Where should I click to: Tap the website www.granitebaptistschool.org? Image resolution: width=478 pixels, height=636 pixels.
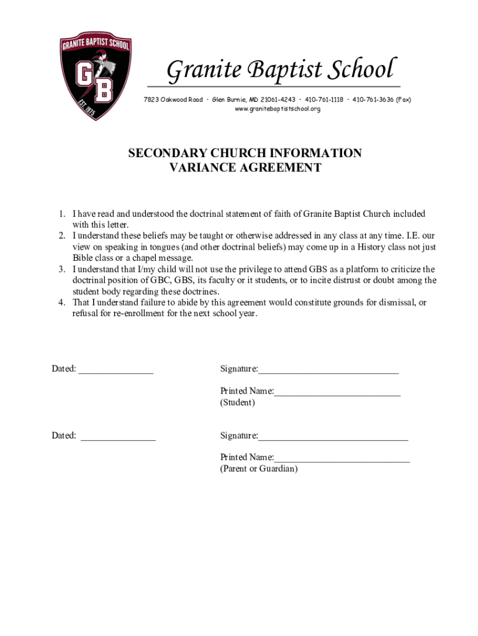point(277,109)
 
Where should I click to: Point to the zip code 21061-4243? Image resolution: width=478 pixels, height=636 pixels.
point(279,99)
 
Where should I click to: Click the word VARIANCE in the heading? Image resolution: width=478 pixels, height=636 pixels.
point(202,168)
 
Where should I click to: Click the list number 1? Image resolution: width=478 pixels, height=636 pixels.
point(62,214)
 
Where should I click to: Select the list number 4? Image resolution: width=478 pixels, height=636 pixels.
point(62,302)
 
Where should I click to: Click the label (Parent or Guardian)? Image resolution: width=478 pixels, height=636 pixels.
point(259,469)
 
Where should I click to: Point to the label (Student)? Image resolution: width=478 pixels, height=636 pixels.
point(237,402)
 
